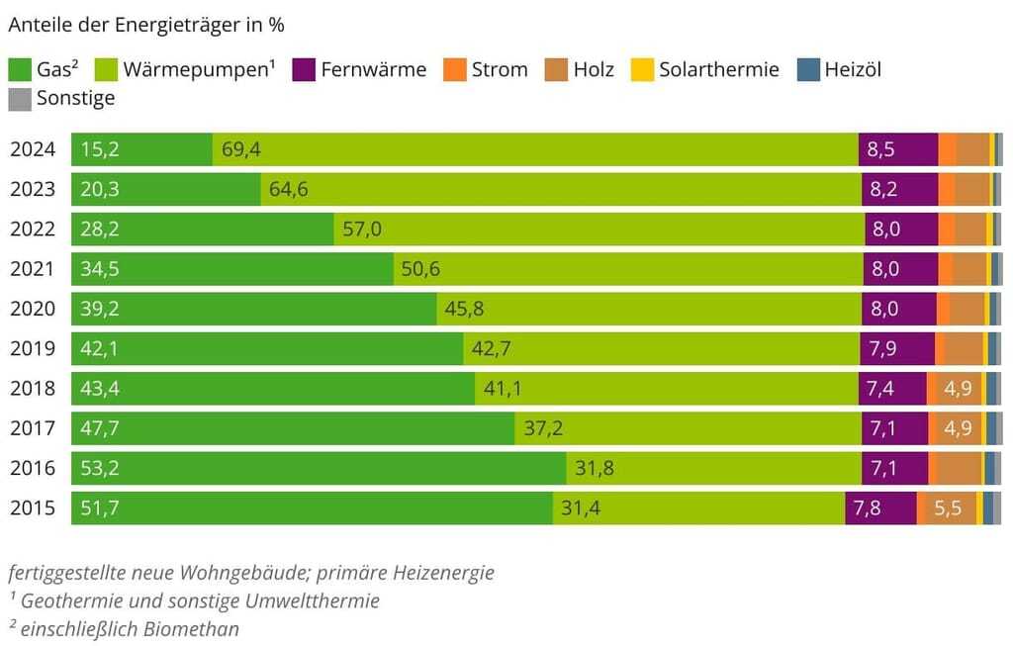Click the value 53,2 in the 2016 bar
[x=100, y=468]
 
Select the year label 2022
[x=33, y=230]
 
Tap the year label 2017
[x=33, y=428]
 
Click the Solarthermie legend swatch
[x=643, y=70]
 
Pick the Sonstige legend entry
[x=75, y=98]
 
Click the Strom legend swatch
[x=455, y=70]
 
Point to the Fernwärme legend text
[x=374, y=70]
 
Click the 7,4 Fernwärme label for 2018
[x=880, y=389]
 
